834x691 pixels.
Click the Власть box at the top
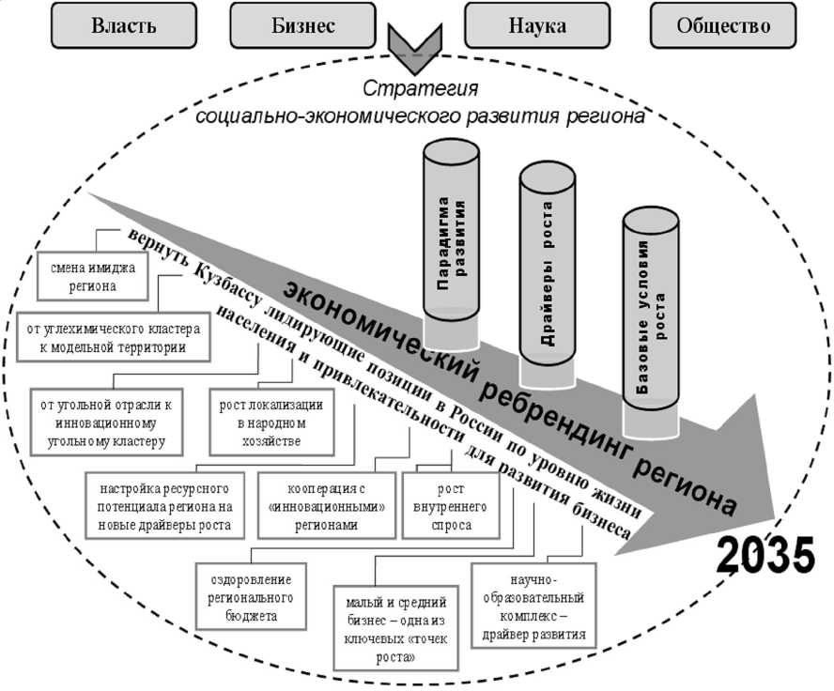pos(123,25)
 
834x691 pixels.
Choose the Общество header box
pos(723,25)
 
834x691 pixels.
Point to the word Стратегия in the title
pos(420,90)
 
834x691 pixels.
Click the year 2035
pos(765,557)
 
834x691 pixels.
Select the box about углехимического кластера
pos(113,339)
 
